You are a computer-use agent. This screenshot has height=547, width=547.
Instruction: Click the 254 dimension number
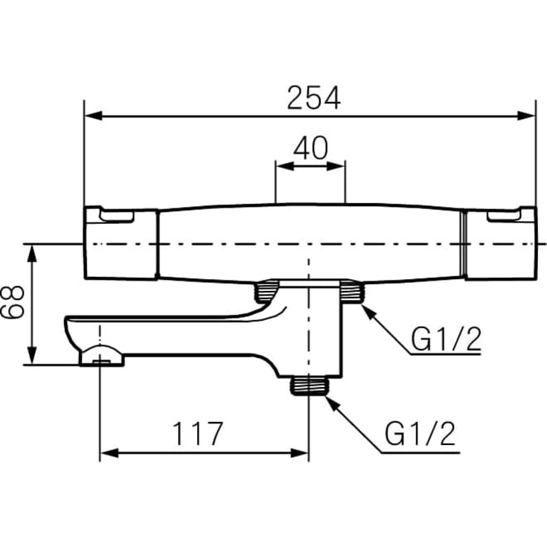[313, 98]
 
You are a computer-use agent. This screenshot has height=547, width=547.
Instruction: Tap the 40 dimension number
[310, 148]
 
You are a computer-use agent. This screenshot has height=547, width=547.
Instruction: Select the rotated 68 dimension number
[13, 301]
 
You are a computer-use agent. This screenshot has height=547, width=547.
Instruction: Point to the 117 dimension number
[197, 434]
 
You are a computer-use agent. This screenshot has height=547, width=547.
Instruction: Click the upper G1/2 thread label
[446, 339]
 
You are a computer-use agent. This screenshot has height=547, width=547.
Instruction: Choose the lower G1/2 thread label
[420, 434]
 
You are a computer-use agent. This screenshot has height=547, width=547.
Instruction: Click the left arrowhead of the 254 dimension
[94, 116]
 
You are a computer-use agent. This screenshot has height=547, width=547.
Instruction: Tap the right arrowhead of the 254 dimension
[526, 116]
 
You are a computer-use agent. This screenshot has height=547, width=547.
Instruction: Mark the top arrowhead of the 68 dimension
[32, 253]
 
